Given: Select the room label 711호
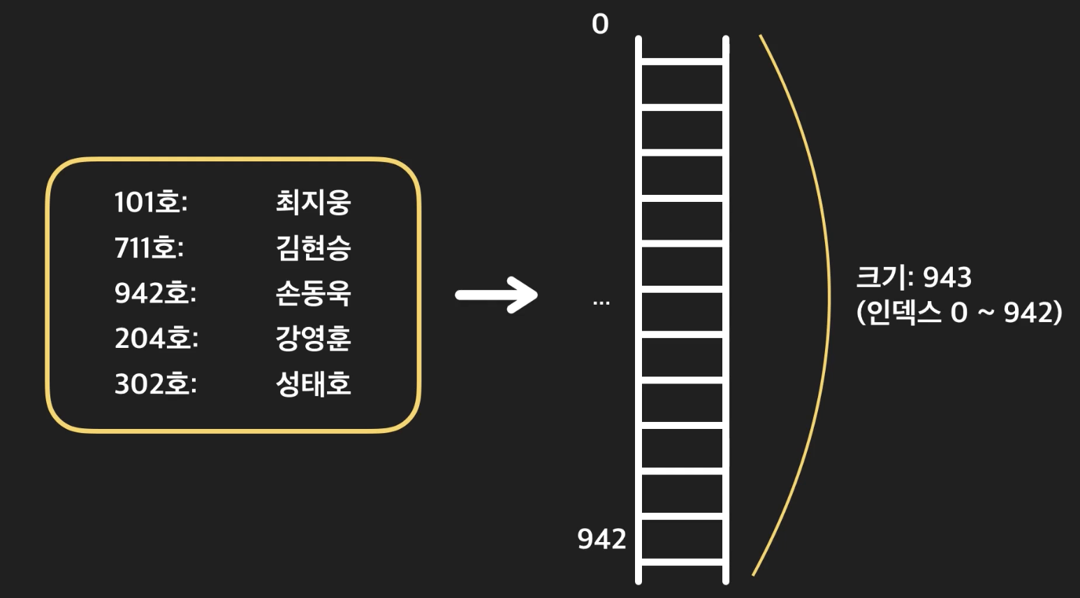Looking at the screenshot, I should click(x=149, y=248).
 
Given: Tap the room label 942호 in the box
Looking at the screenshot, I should click(x=155, y=293).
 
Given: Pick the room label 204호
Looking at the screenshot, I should click(x=156, y=339).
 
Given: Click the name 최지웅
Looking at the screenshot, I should click(x=313, y=203).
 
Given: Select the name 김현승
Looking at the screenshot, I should click(x=313, y=248).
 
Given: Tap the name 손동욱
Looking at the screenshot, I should click(x=313, y=293).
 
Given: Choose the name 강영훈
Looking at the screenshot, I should click(x=313, y=339).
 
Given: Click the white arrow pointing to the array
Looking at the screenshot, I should click(x=497, y=295).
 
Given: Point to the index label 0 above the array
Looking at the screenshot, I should click(x=600, y=25).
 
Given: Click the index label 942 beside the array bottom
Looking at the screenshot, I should click(x=601, y=539).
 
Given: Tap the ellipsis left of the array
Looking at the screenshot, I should click(x=601, y=303).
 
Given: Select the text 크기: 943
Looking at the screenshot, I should click(x=913, y=278).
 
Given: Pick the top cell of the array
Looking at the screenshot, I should click(x=682, y=49).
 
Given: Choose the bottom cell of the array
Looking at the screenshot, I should click(x=682, y=539).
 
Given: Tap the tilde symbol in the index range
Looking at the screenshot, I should click(x=986, y=312).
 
